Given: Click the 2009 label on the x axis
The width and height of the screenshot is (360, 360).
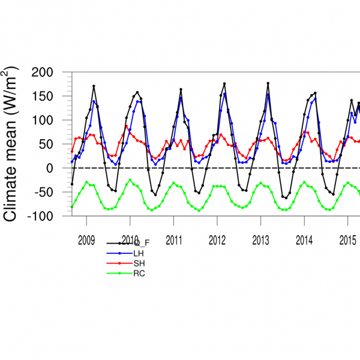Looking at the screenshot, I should (x=86, y=238).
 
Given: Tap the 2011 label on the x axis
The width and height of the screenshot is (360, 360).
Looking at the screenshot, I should (x=173, y=238).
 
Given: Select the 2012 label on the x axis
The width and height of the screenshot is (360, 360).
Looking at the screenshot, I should (x=217, y=238).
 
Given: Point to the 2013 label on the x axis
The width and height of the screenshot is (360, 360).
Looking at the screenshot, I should (x=260, y=238).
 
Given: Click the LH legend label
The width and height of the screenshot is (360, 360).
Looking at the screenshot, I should (x=138, y=253).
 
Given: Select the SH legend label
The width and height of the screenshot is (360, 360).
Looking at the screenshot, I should (x=138, y=263).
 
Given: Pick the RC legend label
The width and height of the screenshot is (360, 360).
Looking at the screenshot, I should (x=139, y=274).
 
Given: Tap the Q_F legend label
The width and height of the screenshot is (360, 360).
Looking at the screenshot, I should (x=142, y=243).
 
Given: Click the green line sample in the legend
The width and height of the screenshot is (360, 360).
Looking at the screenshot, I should (x=119, y=274).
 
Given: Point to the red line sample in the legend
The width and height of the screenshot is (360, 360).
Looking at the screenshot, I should (x=119, y=263).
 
